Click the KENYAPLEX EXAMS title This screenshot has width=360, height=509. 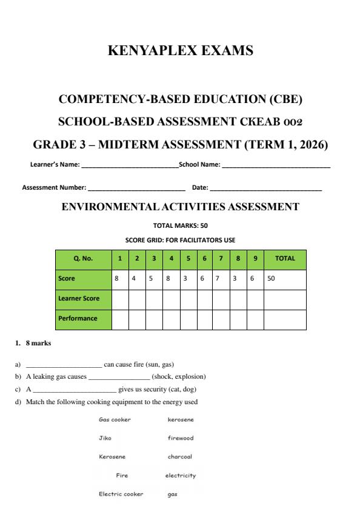(x=180, y=51)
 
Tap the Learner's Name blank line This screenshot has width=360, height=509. (x=130, y=165)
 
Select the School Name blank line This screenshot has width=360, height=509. (x=276, y=165)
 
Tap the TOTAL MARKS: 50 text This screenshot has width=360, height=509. (x=180, y=226)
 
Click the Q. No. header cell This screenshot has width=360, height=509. (x=84, y=258)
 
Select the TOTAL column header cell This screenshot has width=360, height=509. (x=285, y=258)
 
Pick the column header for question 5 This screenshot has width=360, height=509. (x=188, y=258)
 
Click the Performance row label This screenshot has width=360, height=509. (x=78, y=318)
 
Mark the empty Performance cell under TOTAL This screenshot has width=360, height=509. (x=285, y=319)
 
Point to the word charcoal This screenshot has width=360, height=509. (x=180, y=456)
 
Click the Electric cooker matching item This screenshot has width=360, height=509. (x=121, y=494)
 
